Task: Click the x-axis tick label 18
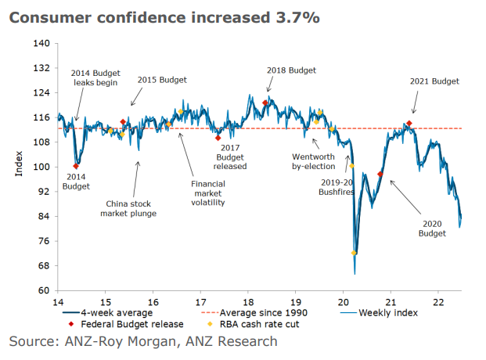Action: (248, 302)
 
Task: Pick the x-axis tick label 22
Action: (440, 302)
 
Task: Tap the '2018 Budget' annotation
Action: (291, 70)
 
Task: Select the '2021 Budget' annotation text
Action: (434, 81)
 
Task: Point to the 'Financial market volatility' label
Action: (207, 193)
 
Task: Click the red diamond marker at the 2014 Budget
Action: (76, 166)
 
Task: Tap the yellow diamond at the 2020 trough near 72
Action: (355, 254)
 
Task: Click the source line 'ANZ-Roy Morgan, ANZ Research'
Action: (143, 341)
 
